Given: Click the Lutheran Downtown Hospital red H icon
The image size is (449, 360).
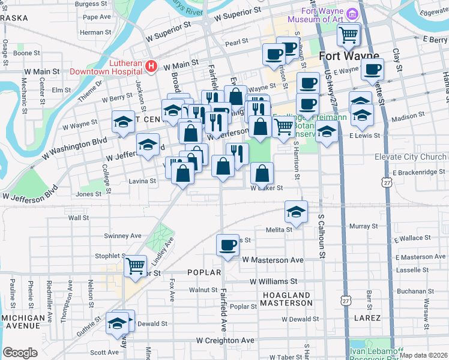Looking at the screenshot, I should pyautogui.click(x=152, y=65).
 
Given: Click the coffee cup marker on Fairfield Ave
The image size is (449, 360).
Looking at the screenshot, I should pyautogui.click(x=228, y=245).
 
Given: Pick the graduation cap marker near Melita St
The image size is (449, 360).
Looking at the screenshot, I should pyautogui.click(x=296, y=211).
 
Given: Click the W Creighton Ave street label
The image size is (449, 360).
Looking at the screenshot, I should pyautogui.click(x=225, y=340).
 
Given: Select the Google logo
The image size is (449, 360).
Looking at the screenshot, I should pyautogui.click(x=20, y=353).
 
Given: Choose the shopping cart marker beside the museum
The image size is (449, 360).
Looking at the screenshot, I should pyautogui.click(x=348, y=34).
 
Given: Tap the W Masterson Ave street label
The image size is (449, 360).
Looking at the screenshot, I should pyautogui.click(x=273, y=260).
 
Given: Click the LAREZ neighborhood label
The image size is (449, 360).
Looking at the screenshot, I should pyautogui.click(x=368, y=317).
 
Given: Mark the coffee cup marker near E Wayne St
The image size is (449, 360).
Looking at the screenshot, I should pyautogui.click(x=373, y=68).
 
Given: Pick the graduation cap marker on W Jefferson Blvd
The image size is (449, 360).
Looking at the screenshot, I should pyautogui.click(x=148, y=144).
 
